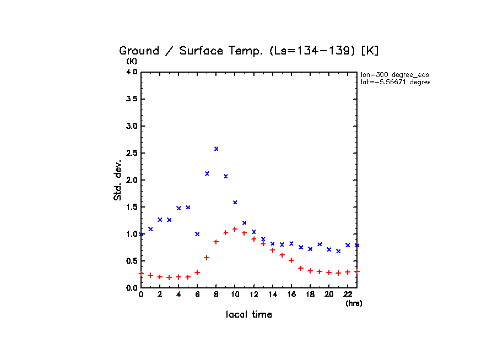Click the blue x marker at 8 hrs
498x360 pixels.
[x=216, y=149]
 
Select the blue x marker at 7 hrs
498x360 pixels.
[x=207, y=173]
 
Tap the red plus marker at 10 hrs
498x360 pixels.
[x=235, y=229]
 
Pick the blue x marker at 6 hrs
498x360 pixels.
[x=197, y=234]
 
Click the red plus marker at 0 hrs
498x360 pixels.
[x=141, y=273]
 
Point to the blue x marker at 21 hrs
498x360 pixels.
[x=338, y=251]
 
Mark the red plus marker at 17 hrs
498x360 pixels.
[x=301, y=268]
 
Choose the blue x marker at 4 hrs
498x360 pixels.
[x=178, y=208]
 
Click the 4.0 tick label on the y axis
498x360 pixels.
[x=131, y=72]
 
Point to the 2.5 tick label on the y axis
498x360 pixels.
[x=131, y=153]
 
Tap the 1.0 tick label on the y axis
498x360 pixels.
[x=131, y=234]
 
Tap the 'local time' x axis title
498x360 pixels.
[x=249, y=315]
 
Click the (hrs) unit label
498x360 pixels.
[x=354, y=303]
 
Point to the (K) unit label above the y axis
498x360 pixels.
[x=132, y=61]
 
